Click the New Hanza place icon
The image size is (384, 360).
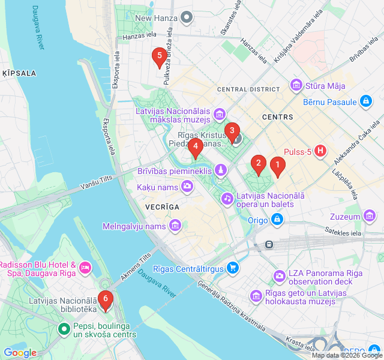click(x=187, y=18)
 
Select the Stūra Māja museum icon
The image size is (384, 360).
click(x=296, y=86)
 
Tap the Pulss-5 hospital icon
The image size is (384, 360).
click(x=321, y=151)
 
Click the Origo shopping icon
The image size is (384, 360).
click(x=277, y=220)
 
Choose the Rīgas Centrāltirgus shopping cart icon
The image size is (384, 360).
click(x=232, y=268)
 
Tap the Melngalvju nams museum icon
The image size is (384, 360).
click(x=175, y=226)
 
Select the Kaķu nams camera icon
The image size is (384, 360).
click(x=187, y=187)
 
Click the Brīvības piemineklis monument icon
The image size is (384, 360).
click(x=221, y=171)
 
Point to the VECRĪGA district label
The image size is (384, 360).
click(x=162, y=206)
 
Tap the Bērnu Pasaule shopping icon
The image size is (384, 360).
click(x=365, y=102)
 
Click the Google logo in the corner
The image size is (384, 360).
click(x=20, y=353)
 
